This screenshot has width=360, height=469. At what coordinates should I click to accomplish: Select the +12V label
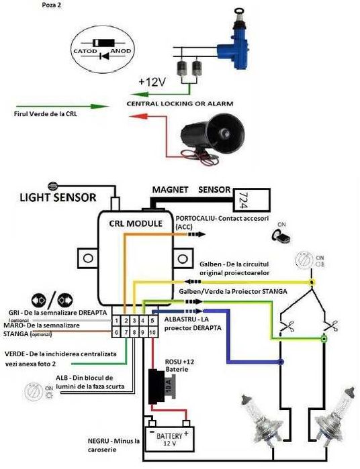pos(151,82)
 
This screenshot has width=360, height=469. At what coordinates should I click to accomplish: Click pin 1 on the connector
pos(117,321)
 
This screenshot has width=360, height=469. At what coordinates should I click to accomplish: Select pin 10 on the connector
pos(152,331)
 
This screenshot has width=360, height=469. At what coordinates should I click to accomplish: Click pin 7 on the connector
pos(126,331)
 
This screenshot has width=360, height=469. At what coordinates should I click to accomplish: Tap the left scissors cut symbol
pos(284,328)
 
